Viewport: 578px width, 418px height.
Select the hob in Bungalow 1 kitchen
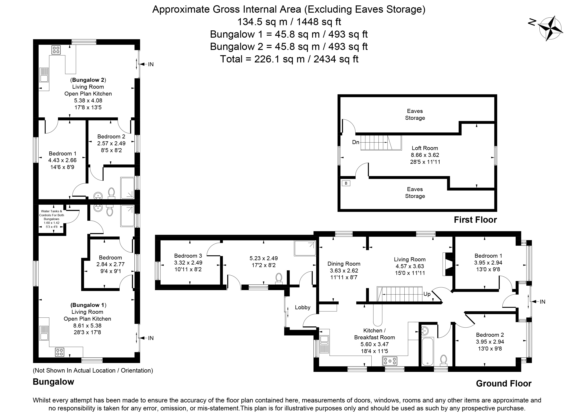point(60,352)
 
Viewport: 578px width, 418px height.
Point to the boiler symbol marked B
point(346,183)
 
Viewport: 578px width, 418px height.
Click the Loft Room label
point(425,148)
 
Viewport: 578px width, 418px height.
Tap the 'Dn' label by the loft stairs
point(356,142)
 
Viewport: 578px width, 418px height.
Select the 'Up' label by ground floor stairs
point(427,294)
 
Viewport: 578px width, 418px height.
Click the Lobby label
point(303,307)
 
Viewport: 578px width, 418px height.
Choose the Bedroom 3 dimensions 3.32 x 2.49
point(188,262)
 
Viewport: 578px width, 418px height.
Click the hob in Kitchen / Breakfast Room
point(390,361)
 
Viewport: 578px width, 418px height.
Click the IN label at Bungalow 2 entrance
point(151,64)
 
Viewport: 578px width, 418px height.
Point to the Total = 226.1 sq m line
point(289,59)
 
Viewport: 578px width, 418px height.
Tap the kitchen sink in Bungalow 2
point(44,75)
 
